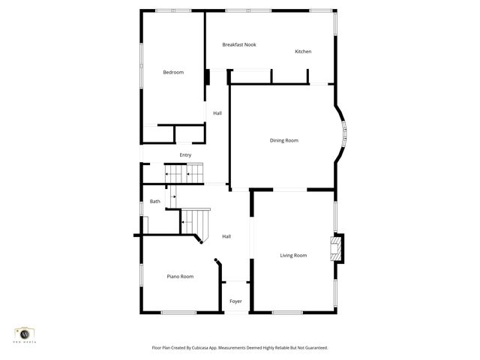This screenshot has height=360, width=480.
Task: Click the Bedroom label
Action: click(x=173, y=72)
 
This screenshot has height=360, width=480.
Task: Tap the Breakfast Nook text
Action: click(x=239, y=45)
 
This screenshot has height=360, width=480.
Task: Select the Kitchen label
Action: click(x=303, y=52)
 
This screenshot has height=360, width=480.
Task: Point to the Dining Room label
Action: click(x=284, y=140)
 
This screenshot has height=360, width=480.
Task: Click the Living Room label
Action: click(x=293, y=256)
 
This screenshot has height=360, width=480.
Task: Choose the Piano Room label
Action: click(x=180, y=277)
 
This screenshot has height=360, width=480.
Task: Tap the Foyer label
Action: click(x=235, y=301)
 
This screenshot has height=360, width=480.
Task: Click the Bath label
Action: click(x=155, y=201)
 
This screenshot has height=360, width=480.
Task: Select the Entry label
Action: click(x=185, y=155)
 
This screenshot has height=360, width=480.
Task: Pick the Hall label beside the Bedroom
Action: click(x=217, y=113)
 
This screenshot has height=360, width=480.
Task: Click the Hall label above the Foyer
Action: click(x=226, y=237)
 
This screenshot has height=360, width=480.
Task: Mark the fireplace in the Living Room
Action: click(x=337, y=248)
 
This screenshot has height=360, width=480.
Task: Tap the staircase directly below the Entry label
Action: click(x=184, y=173)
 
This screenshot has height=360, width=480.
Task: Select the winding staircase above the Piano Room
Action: click(x=195, y=223)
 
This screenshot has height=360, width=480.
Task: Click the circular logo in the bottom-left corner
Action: click(x=25, y=332)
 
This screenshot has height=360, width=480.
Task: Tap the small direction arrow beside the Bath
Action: click(x=173, y=196)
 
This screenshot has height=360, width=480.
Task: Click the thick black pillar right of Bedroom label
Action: click(x=207, y=76)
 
